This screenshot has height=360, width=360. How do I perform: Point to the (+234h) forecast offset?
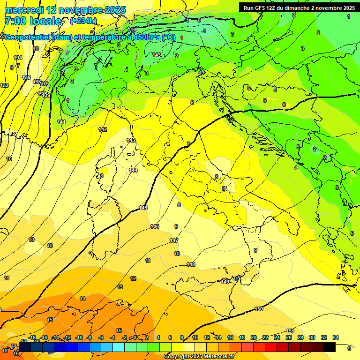pos(83,21)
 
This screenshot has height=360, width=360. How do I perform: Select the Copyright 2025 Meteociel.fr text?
pos(199,356)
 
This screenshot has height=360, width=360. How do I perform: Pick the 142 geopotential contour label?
pos(103,129)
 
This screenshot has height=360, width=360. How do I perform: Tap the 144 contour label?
pos(134,170)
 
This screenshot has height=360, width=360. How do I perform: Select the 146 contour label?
pos(155,226)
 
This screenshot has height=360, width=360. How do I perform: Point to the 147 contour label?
pos(174,240)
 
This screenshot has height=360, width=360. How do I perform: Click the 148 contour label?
pos(191,264)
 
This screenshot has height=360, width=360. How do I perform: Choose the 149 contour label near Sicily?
pos(225,281)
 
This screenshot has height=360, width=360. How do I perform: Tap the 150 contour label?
pos(259,309)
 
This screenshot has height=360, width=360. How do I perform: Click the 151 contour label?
pos(290,331)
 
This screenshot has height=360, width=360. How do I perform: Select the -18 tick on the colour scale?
pos(32,337)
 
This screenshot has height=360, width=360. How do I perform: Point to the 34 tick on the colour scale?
pos(336,337)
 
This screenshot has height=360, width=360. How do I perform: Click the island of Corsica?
pos(106,169)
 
